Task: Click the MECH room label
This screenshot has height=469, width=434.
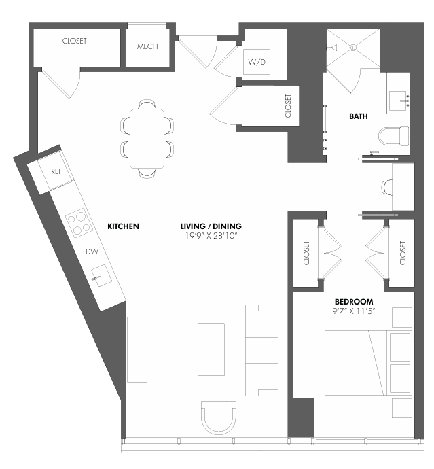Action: pyautogui.click(x=147, y=46)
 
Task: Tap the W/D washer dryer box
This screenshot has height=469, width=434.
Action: pyautogui.click(x=257, y=63)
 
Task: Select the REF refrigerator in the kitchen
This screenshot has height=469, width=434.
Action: pyautogui.click(x=56, y=171)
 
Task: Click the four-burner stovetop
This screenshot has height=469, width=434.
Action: pyautogui.click(x=79, y=221)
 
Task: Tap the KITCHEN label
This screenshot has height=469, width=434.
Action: pyautogui.click(x=123, y=226)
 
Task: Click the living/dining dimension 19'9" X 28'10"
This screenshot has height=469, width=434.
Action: pyautogui.click(x=211, y=235)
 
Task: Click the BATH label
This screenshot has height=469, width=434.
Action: pyautogui.click(x=359, y=116)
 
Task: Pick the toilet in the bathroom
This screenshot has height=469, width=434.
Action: pyautogui.click(x=394, y=136)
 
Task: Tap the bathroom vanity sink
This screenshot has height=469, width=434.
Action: pyautogui.click(x=398, y=101)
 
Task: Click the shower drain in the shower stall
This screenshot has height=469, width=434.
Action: pyautogui.click(x=352, y=48)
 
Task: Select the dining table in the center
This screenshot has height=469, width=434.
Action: pyautogui.click(x=147, y=139)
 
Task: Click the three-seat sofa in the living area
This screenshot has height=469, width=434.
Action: pyautogui.click(x=262, y=350)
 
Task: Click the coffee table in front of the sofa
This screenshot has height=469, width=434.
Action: pyautogui.click(x=211, y=349)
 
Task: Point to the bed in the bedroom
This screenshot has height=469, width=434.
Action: pyautogui.click(x=367, y=362)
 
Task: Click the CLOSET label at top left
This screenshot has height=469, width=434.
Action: pyautogui.click(x=74, y=41)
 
